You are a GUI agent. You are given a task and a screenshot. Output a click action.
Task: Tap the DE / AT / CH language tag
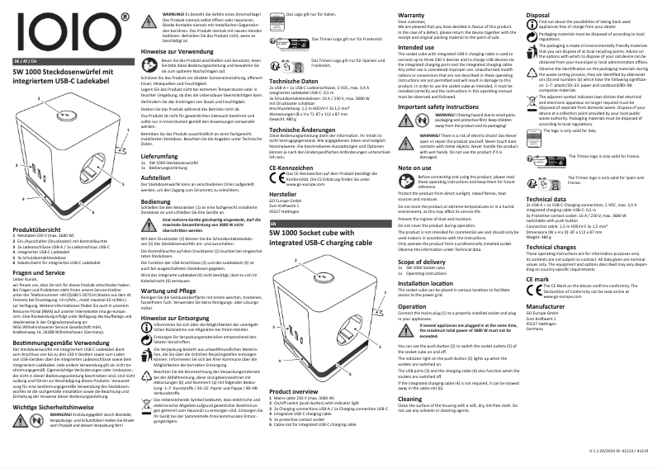25,61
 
